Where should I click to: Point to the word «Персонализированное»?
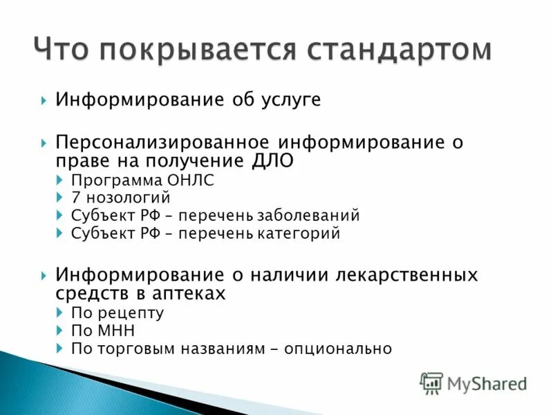point(164,142)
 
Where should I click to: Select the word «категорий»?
point(299,234)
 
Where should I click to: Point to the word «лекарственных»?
point(405,275)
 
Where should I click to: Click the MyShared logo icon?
point(431,382)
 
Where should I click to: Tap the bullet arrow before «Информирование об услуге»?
point(44,101)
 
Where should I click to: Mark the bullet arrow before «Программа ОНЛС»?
point(58,181)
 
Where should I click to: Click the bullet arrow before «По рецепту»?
point(58,313)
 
